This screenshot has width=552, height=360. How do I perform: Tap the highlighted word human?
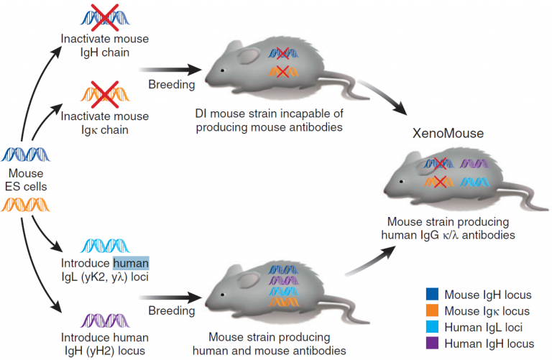131,264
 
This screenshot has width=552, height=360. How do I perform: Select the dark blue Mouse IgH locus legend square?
431,295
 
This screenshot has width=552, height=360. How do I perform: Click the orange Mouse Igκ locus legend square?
431,311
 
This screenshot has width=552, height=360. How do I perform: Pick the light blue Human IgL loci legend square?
431,328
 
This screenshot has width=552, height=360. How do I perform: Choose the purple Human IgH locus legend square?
431,344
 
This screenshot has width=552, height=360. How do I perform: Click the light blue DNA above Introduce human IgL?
105,246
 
